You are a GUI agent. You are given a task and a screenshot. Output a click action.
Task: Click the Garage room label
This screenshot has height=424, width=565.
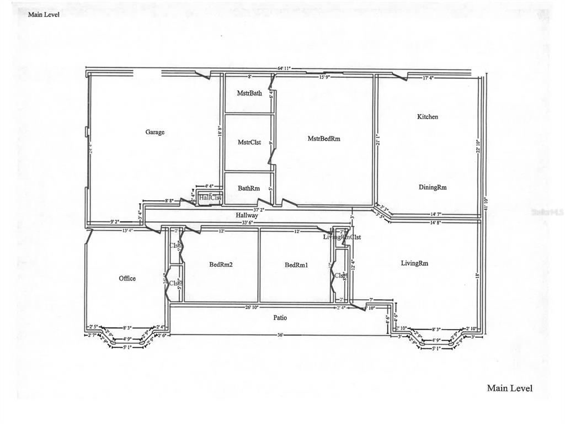[x=155, y=132]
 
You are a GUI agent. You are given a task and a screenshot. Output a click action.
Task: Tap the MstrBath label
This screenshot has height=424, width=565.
[x=249, y=93]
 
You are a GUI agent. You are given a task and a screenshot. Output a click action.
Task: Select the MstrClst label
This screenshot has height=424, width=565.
[x=249, y=142]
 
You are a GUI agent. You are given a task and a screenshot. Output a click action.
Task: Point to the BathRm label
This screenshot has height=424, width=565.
[x=249, y=188]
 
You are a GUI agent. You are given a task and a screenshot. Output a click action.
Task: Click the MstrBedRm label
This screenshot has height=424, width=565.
[x=324, y=139]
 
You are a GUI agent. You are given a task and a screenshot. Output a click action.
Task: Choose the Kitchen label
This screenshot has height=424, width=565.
[x=428, y=116]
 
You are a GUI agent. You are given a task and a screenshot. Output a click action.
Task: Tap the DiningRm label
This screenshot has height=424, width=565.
[x=433, y=187]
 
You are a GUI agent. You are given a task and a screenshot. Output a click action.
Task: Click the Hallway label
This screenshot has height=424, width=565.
[x=247, y=215]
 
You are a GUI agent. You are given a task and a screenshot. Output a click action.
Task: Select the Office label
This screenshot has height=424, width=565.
[x=127, y=278]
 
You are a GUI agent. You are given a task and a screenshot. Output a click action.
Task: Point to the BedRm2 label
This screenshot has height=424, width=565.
[x=221, y=265]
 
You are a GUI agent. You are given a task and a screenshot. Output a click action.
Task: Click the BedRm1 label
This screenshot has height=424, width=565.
[x=296, y=265]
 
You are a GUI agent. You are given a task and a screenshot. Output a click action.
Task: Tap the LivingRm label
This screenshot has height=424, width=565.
[x=414, y=263]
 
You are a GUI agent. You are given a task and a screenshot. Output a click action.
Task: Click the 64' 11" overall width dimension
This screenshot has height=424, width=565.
[x=285, y=68]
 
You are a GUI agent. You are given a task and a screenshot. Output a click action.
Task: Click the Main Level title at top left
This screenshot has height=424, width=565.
[x=44, y=14]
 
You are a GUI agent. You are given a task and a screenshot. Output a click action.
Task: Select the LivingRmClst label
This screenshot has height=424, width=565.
[x=342, y=237]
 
